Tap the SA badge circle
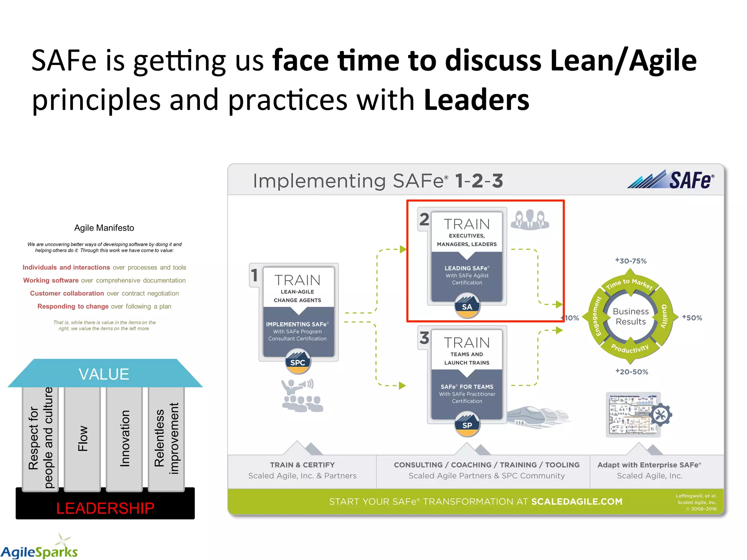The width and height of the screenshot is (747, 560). coord(467,306)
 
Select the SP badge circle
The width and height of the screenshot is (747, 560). coord(467,425)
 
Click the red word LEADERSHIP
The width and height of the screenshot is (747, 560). coord(105,508)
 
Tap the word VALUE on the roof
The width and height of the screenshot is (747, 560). coord(104,374)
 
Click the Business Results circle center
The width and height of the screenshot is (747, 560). coord(631,316)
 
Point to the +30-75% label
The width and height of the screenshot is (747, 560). coord(631,261)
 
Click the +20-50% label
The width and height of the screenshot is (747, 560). coord(632,372)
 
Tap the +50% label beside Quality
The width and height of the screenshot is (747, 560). coord(692,318)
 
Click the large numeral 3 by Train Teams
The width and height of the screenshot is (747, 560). coord(424,338)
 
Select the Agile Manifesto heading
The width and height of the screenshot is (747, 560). coord(104,228)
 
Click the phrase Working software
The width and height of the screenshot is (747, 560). coord(51,280)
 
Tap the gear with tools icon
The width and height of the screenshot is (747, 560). coord(660,415)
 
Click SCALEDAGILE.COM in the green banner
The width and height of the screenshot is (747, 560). coord(577,502)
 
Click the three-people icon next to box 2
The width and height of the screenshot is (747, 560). coord(530,219)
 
